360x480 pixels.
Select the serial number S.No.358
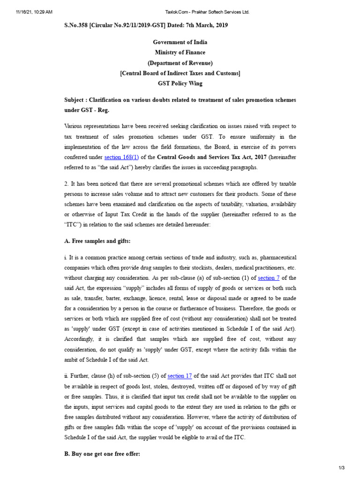click(78, 25)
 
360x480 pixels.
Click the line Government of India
click(180, 42)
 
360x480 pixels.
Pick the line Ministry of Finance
click(180, 52)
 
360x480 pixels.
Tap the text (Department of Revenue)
click(180, 63)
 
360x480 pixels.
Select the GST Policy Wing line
click(180, 83)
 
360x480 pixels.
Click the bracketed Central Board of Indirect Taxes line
click(180, 73)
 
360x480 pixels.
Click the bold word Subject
click(75, 100)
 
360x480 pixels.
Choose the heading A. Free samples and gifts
click(97, 241)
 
